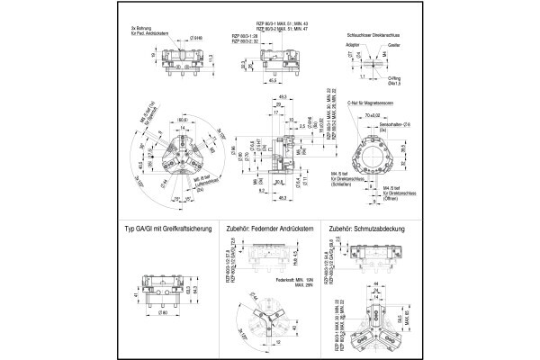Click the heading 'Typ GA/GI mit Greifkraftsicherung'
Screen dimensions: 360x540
(169, 229)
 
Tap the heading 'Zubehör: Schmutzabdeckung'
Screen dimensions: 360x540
(368, 229)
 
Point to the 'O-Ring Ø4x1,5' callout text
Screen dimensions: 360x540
(394, 81)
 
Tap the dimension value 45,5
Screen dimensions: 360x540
(271, 80)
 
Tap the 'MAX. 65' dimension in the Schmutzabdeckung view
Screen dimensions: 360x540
(404, 315)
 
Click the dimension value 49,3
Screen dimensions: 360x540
(283, 96)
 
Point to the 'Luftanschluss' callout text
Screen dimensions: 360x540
(200, 185)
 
